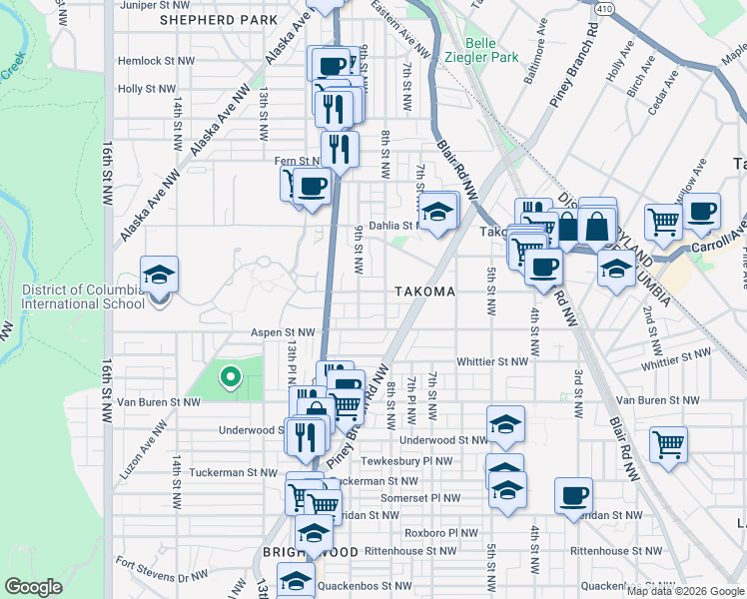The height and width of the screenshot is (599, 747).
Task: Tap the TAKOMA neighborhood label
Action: (423, 292)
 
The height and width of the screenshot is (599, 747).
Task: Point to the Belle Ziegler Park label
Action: (494, 51)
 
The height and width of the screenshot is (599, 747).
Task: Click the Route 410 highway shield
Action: (604, 8)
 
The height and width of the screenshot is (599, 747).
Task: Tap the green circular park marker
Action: (230, 377)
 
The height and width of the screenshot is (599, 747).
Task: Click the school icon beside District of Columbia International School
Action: (158, 276)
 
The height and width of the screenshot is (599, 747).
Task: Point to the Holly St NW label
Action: (147, 89)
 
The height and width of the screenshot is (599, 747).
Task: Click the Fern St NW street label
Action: (297, 161)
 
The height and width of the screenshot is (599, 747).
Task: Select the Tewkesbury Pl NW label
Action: (410, 461)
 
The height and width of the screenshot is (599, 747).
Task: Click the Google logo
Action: (33, 587)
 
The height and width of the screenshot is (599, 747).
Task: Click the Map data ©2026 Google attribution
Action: (684, 591)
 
